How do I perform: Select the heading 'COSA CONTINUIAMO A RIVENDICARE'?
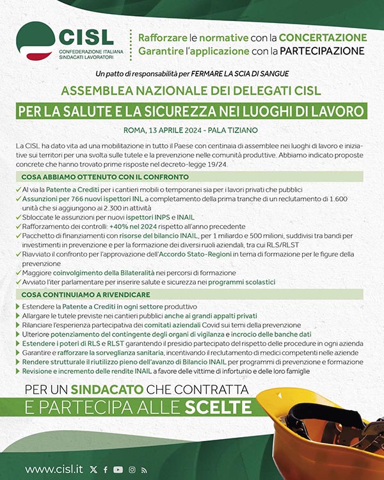[x=86, y=294]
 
